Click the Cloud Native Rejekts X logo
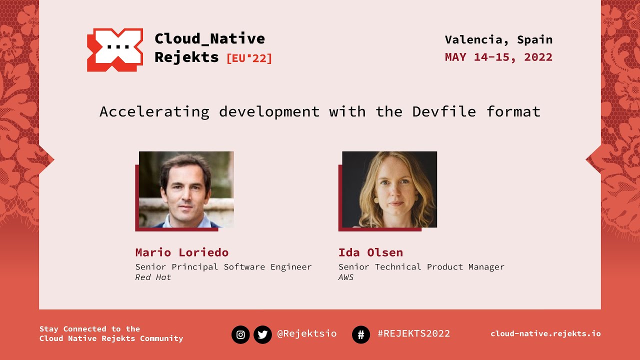[x=115, y=49]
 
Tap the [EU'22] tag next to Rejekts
[x=249, y=58]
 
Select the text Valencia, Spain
[x=498, y=39]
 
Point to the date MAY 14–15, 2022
[x=498, y=57]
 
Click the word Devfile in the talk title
[x=444, y=111]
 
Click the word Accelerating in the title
[x=154, y=111]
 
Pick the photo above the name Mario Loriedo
[x=186, y=189]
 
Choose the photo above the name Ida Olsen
[x=389, y=189]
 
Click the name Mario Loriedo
[x=181, y=252]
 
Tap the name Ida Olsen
[x=370, y=252]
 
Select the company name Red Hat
[x=153, y=277]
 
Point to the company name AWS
[x=346, y=277]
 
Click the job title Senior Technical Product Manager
[x=421, y=267]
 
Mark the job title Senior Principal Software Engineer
[x=223, y=267]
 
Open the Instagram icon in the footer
[x=240, y=334]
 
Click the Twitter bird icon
[x=262, y=334]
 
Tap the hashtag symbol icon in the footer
[x=361, y=334]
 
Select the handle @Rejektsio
[x=306, y=333]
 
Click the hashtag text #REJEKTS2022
[x=413, y=333]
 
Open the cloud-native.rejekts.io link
[x=545, y=333]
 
